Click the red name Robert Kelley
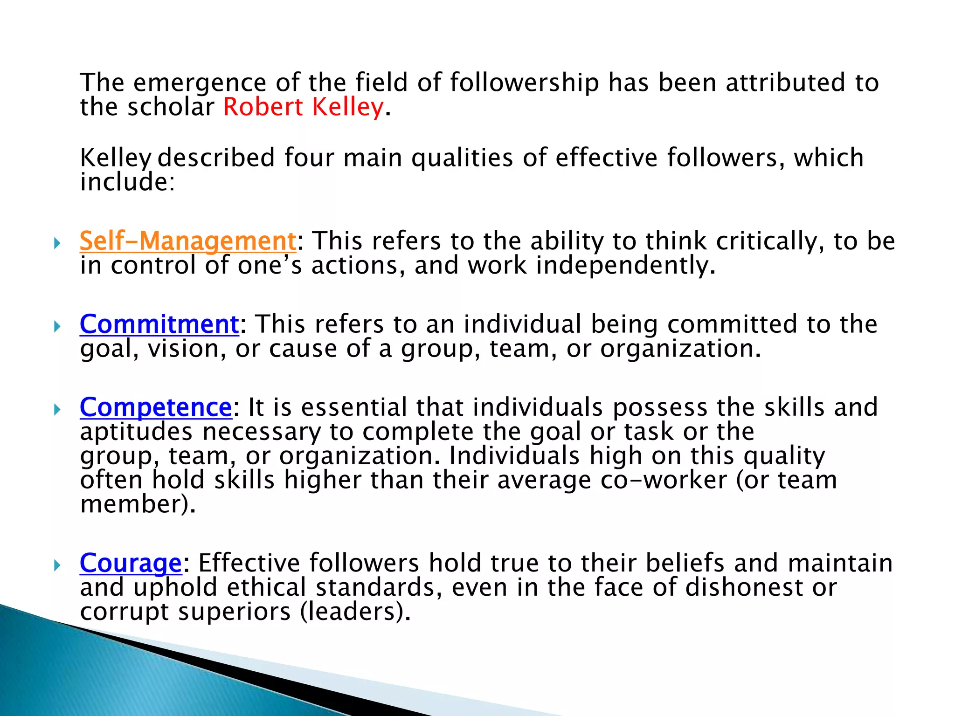[304, 107]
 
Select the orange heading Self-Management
[188, 241]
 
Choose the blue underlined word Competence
[156, 407]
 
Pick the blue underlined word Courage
[131, 563]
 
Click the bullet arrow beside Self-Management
[57, 243]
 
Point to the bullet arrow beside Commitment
[57, 326]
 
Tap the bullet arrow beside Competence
[57, 409]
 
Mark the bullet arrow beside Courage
[57, 565]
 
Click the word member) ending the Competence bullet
[138, 504]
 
